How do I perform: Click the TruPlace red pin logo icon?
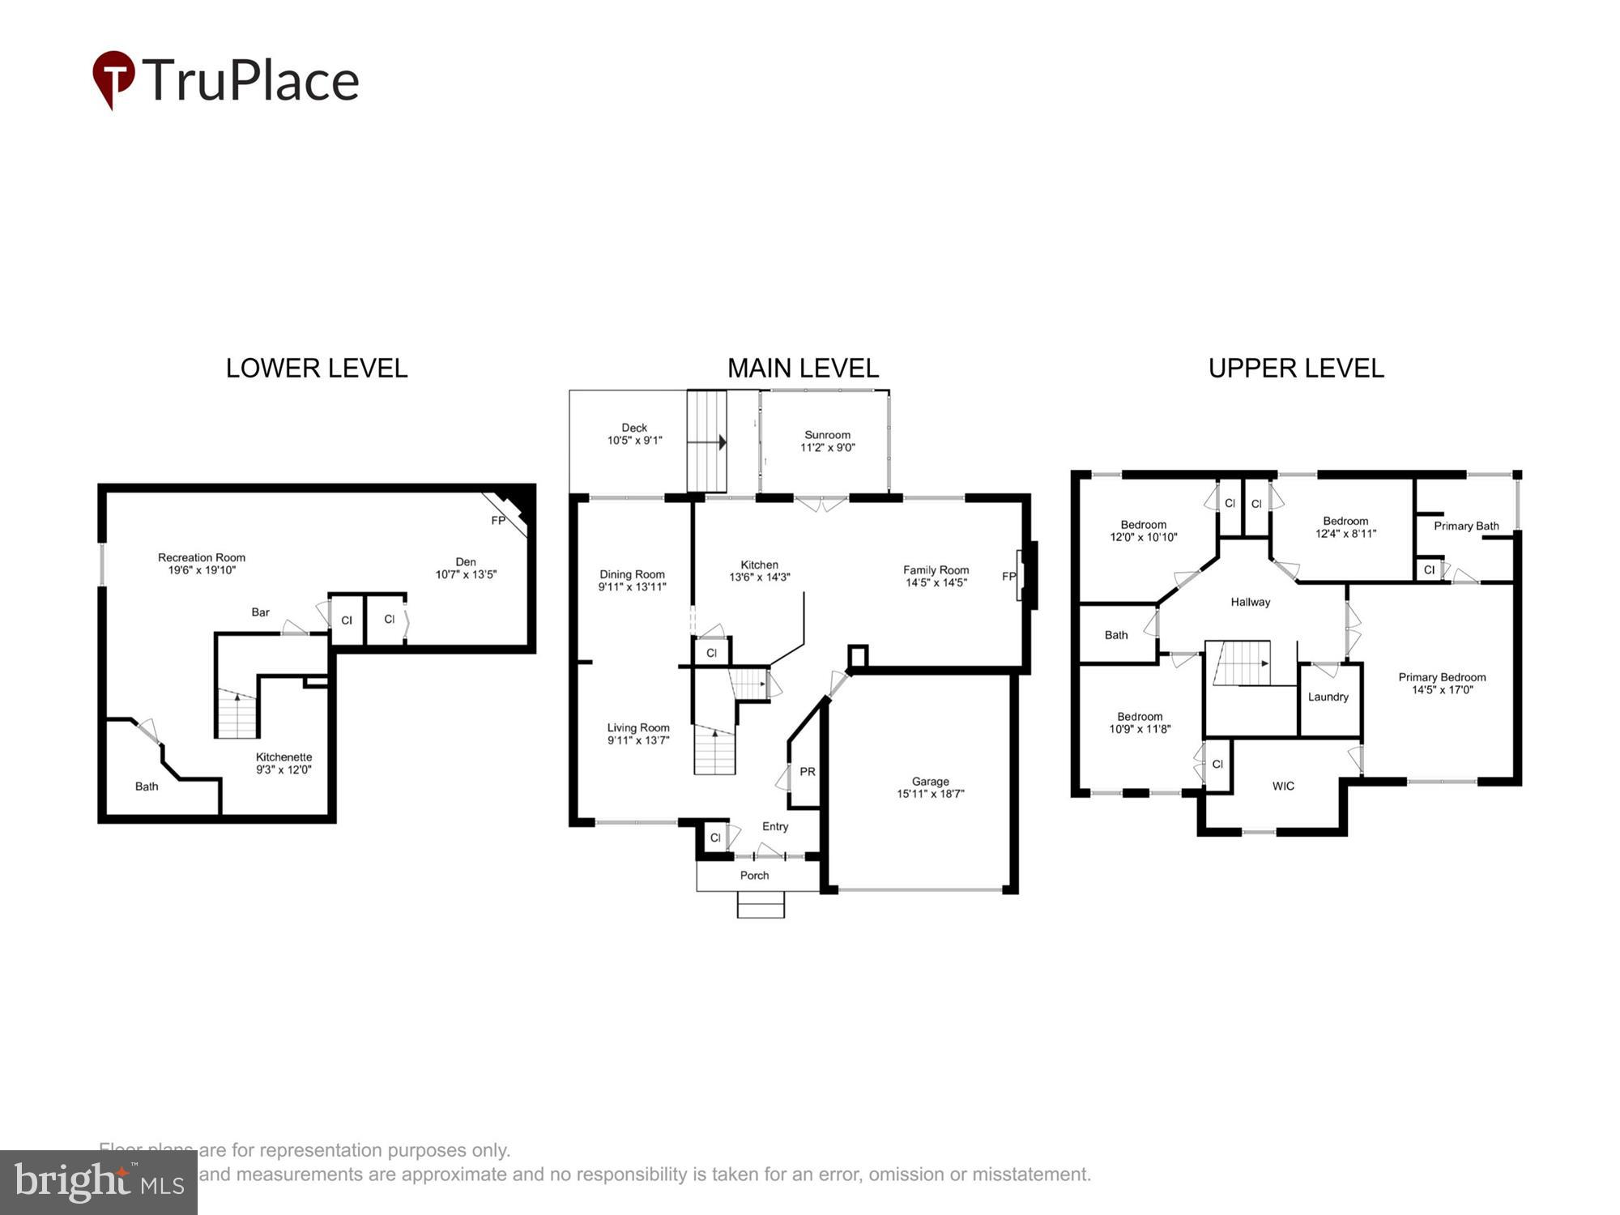pyautogui.click(x=113, y=78)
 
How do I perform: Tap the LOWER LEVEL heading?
pyautogui.click(x=317, y=369)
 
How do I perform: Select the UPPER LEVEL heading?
pyautogui.click(x=1296, y=369)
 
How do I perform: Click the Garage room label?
pyautogui.click(x=930, y=782)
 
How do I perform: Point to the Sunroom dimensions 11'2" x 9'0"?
pyautogui.click(x=828, y=448)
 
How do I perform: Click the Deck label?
pyautogui.click(x=634, y=428)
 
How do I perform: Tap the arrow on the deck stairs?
pyautogui.click(x=720, y=443)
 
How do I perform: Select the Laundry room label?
pyautogui.click(x=1328, y=697)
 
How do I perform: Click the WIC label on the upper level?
pyautogui.click(x=1283, y=786)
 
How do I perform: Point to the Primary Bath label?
pyautogui.click(x=1466, y=526)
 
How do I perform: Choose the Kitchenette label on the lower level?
pyautogui.click(x=283, y=757)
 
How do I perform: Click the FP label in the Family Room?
pyautogui.click(x=1008, y=577)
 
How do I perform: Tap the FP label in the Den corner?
pyautogui.click(x=498, y=521)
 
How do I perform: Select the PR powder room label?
pyautogui.click(x=808, y=772)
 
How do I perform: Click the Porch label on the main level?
pyautogui.click(x=754, y=876)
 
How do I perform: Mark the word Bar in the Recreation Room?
pyautogui.click(x=260, y=612)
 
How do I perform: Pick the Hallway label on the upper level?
pyautogui.click(x=1251, y=602)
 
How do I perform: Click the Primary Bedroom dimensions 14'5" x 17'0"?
pyautogui.click(x=1442, y=690)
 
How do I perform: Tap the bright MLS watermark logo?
pyautogui.click(x=99, y=1183)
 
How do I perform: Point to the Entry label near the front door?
pyautogui.click(x=775, y=826)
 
